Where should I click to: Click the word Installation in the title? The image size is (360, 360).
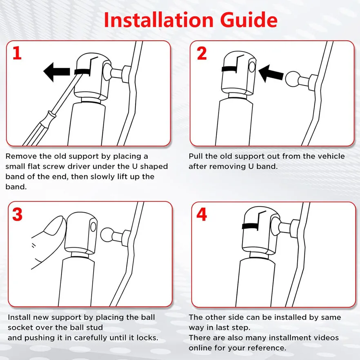(x=159, y=20)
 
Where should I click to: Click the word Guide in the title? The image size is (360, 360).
(x=249, y=20)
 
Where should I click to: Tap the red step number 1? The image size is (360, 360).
(x=17, y=53)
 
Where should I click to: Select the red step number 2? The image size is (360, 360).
(x=202, y=53)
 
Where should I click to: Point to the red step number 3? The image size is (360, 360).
(x=17, y=214)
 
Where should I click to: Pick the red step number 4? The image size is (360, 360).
(x=202, y=214)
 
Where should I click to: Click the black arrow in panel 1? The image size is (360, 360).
(x=56, y=72)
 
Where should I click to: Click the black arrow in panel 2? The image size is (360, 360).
(x=271, y=73)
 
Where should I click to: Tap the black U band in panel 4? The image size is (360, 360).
(x=250, y=226)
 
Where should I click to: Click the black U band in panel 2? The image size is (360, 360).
(x=229, y=69)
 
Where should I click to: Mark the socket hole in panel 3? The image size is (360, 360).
(x=93, y=227)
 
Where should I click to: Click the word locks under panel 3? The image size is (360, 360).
(x=147, y=338)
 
